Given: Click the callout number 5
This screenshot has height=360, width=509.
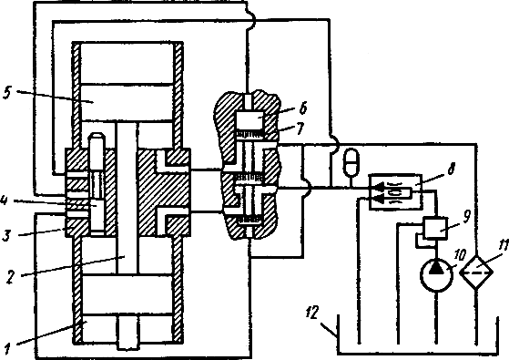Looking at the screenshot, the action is [x=6, y=93].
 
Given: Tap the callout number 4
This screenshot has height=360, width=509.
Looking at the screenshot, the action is [x=4, y=201].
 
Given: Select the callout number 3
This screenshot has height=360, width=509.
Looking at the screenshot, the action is [x=6, y=235].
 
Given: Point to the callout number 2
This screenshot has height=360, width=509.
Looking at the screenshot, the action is [x=11, y=278].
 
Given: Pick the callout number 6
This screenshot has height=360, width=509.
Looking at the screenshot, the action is [x=302, y=108].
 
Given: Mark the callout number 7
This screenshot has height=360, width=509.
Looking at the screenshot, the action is [x=300, y=129].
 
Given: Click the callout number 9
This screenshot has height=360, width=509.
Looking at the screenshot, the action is [x=466, y=217].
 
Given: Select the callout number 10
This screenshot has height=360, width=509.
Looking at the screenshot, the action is [x=461, y=255].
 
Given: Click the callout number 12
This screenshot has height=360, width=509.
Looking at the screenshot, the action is [x=312, y=313].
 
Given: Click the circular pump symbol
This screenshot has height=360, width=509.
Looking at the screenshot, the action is [x=436, y=276].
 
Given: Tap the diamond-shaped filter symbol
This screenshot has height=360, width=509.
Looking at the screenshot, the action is [x=476, y=272].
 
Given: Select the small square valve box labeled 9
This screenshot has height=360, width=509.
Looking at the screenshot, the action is [x=434, y=228].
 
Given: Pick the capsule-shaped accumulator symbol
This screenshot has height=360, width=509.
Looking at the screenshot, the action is [x=351, y=160].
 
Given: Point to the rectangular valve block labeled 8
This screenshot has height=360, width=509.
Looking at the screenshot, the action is [x=396, y=191].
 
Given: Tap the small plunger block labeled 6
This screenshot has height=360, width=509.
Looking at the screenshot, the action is [x=249, y=119].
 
